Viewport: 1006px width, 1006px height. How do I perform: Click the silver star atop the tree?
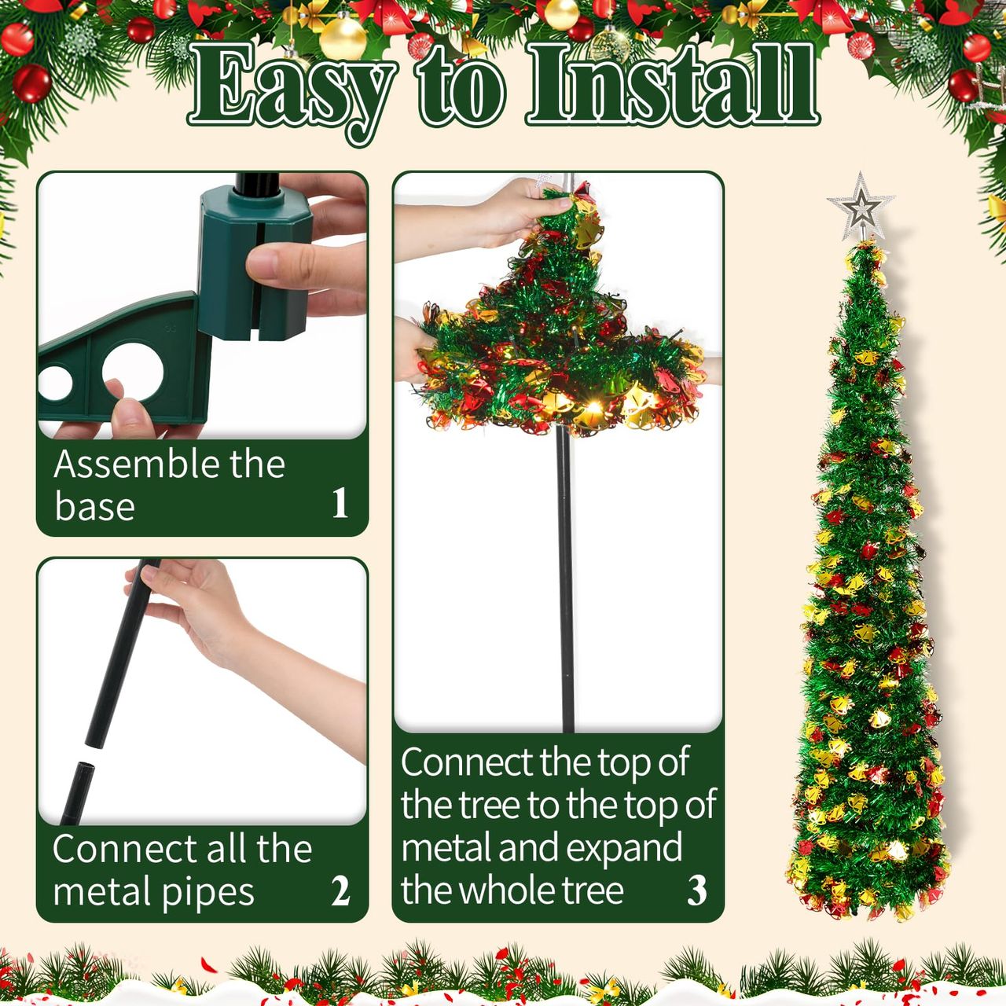[x=861, y=206]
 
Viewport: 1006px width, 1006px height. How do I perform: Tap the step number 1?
[x=340, y=502]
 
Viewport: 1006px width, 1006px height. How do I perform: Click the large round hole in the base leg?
[x=132, y=371]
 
